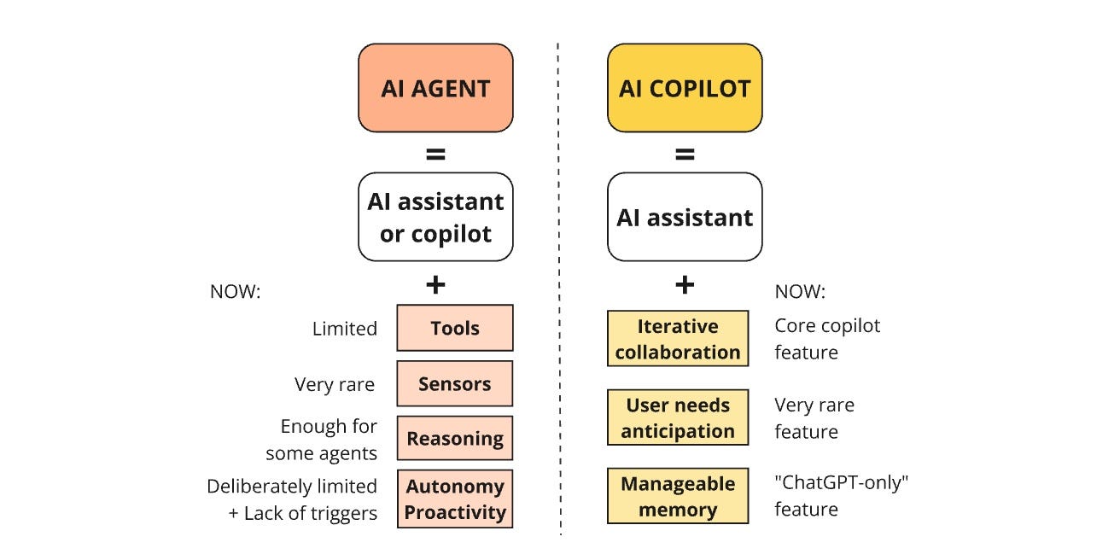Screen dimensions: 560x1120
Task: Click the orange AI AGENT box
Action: pos(435,88)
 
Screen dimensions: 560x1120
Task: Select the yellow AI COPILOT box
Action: pos(684,88)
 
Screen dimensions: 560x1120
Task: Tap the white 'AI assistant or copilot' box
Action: pos(435,217)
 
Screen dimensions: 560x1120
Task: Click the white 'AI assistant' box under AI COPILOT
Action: pos(684,217)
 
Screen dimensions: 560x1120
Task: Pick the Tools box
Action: pos(454,328)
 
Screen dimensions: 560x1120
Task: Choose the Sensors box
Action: pos(454,383)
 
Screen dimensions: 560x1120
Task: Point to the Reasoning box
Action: pos(454,438)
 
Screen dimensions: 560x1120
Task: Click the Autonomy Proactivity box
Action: pos(454,499)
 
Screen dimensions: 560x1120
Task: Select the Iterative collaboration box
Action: pos(677,339)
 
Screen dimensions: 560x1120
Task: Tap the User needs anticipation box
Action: pos(677,417)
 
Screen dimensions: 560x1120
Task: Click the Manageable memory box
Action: pos(677,496)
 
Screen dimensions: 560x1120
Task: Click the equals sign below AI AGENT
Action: pos(435,155)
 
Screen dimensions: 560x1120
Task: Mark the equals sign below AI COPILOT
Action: pos(684,155)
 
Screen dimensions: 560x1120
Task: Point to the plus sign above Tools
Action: pos(435,284)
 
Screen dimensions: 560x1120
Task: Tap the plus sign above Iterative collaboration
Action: pos(684,284)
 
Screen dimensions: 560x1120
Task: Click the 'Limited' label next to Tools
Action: pos(344,329)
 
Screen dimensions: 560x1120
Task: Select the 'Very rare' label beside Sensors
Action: pos(335,384)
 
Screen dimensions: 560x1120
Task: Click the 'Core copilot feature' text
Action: pos(826,339)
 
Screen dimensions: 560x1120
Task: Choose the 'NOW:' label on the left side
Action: pos(235,291)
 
